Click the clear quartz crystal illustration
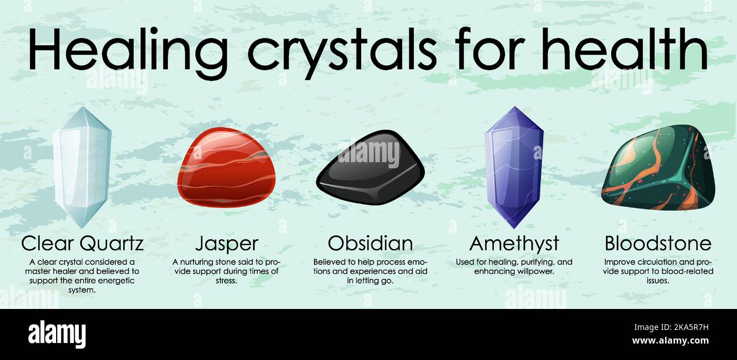click(x=82, y=167)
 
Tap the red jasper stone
click(x=226, y=168)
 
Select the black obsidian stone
click(x=370, y=168)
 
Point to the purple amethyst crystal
click(x=514, y=167)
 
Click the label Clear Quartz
click(x=82, y=244)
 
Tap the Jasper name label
click(x=226, y=244)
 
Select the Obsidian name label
click(x=370, y=244)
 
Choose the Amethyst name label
click(x=514, y=244)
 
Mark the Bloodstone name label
click(x=658, y=244)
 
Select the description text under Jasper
click(x=226, y=271)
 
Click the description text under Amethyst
click(x=514, y=266)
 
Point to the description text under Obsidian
click(x=370, y=271)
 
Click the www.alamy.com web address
click(x=670, y=341)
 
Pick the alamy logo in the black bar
click(x=57, y=334)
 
